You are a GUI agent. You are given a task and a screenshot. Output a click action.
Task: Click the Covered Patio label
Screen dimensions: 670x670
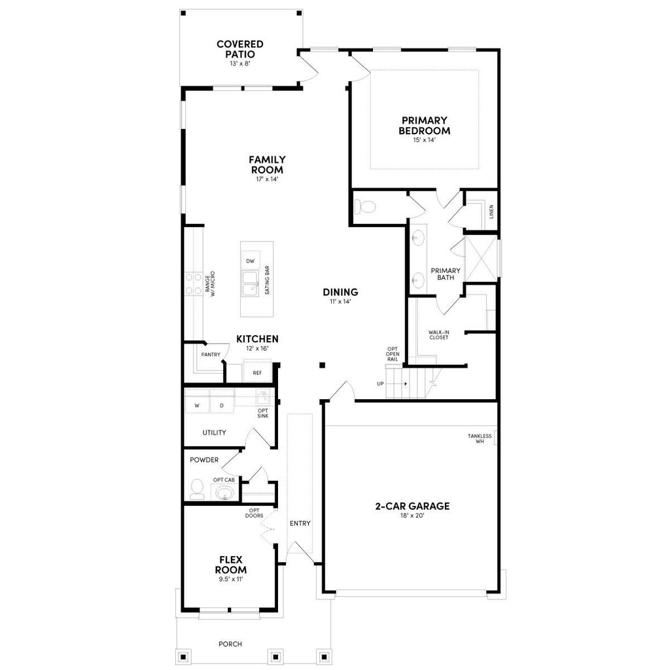(x=239, y=49)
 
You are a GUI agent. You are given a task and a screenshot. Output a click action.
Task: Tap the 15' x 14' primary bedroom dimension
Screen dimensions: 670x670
(x=424, y=140)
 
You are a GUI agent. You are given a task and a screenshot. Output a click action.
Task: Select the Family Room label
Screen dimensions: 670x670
(x=267, y=164)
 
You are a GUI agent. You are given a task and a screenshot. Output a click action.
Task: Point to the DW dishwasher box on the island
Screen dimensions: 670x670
(x=251, y=260)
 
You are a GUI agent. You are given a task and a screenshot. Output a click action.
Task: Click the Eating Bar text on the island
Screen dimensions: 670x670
(x=267, y=280)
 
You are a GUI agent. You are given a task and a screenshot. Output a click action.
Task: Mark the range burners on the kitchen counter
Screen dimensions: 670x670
(x=193, y=284)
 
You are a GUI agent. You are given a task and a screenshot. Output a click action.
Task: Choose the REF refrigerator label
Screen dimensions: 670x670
(x=257, y=373)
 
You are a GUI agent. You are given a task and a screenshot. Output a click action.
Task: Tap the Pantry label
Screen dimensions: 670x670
(x=211, y=354)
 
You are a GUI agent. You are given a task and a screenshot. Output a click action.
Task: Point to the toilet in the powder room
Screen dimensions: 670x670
(x=197, y=489)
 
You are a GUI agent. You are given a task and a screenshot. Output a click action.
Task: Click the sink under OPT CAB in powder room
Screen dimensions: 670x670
(x=225, y=493)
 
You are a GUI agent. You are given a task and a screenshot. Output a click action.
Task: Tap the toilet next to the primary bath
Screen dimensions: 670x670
(x=364, y=207)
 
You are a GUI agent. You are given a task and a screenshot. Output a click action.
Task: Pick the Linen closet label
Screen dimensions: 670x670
(x=491, y=211)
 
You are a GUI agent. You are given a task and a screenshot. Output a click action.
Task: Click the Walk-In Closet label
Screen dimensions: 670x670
(x=439, y=334)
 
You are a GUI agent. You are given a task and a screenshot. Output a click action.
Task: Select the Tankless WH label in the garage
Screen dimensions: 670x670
(x=480, y=438)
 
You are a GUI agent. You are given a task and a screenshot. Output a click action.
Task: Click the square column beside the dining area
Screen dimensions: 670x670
(x=323, y=365)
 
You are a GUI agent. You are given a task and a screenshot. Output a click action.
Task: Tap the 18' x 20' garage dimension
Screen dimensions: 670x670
(x=412, y=516)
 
